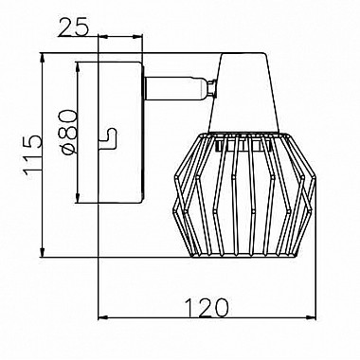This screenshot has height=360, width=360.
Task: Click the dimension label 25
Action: pyautogui.click(x=73, y=28)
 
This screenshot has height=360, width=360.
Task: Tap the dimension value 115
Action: pyautogui.click(x=33, y=153)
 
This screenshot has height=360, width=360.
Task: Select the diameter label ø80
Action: pyautogui.click(x=68, y=132)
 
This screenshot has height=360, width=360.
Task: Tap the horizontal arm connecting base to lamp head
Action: pyautogui.click(x=175, y=89)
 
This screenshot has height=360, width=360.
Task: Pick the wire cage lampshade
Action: pyautogui.click(x=244, y=194)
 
